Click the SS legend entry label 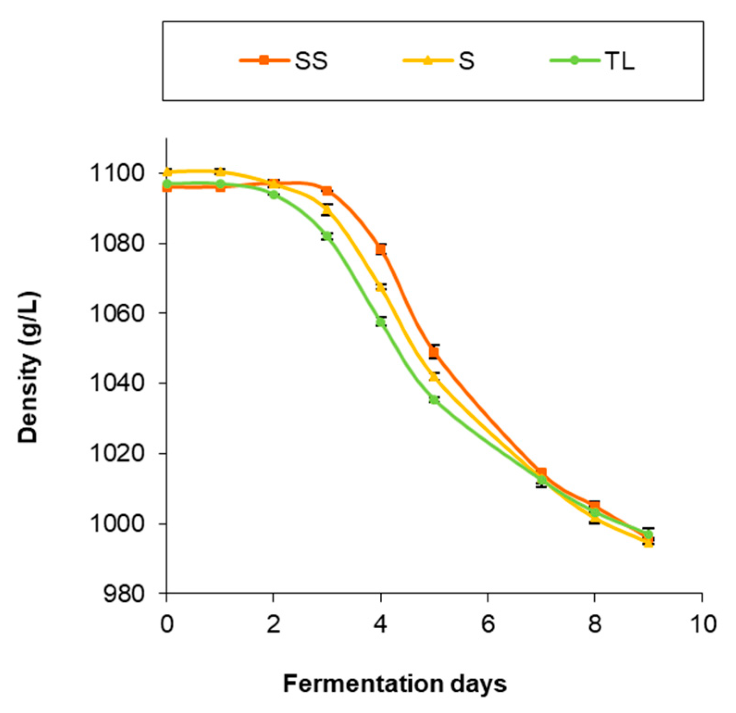pos(311,61)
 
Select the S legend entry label pos(466,61)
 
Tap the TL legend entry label pos(619,61)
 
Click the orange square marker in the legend pos(264,60)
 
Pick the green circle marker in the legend pos(574,60)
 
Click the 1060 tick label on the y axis pos(117,313)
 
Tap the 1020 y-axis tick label pos(117,454)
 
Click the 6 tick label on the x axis pos(488,624)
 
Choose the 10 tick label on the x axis pos(702,624)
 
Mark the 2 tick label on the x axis pos(274,624)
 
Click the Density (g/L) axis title pos(29,367)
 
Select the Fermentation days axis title pos(395,683)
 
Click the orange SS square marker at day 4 pos(381,250)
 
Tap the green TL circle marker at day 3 pos(327,236)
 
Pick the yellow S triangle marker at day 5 pos(433,377)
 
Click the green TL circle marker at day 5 pos(434,400)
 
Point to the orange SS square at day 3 pos(327,191)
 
